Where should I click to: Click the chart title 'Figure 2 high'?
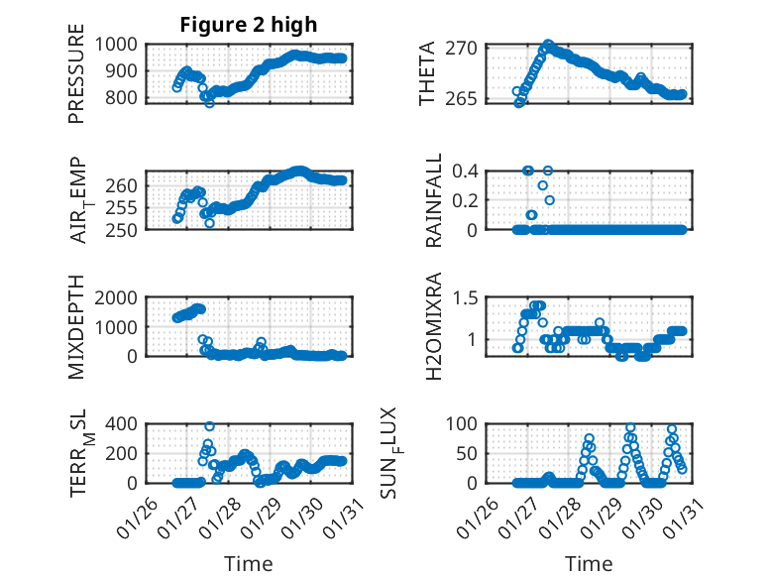pos(248,25)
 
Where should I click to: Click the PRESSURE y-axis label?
pos(77,80)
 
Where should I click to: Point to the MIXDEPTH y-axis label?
pos(77,328)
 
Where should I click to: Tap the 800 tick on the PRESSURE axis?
pos(126,97)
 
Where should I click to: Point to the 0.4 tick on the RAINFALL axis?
pos(470,171)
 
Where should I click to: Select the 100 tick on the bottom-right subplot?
pos(468,424)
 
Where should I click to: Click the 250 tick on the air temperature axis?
pos(126,229)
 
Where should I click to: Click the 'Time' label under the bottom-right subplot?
pos(589,563)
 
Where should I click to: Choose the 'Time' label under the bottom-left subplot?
pos(248,563)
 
